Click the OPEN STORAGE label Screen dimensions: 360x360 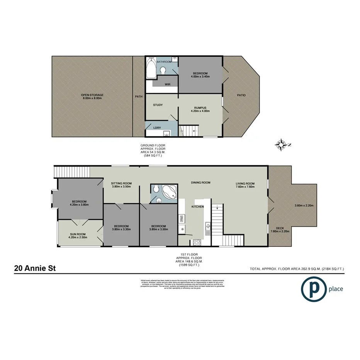coord(92,95)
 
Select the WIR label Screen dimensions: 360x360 coord(168,84)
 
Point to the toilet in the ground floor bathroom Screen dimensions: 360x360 coord(164,70)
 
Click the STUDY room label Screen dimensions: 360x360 coord(157,105)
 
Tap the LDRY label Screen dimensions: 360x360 coord(157,127)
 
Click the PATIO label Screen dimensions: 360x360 coord(241,95)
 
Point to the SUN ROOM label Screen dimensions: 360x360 coord(78,234)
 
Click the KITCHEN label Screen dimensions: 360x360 coord(197,207)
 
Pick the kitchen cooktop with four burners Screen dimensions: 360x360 coord(196,242)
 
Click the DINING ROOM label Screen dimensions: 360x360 coord(200,182)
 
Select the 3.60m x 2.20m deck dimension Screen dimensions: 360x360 coord(303,205)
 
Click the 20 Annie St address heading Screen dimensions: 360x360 coord(35,268)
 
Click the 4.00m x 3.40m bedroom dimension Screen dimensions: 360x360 coord(200,76)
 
